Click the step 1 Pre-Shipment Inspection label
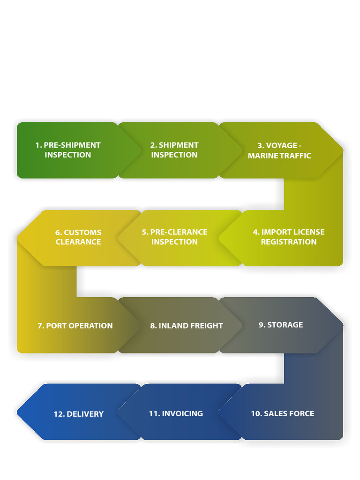pyautogui.click(x=68, y=150)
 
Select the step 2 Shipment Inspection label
pyautogui.click(x=174, y=150)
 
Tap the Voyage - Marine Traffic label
pyautogui.click(x=279, y=150)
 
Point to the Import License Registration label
pyautogui.click(x=289, y=237)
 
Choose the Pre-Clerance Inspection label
pyautogui.click(x=174, y=237)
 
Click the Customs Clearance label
pyautogui.click(x=78, y=237)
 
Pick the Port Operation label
pyautogui.click(x=75, y=325)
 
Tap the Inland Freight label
pyautogui.click(x=187, y=325)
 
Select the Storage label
pyautogui.click(x=281, y=324)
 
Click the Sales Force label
pyautogui.click(x=283, y=413)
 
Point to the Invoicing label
pyautogui.click(x=176, y=413)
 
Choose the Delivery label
pyautogui.click(x=79, y=414)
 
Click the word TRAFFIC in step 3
pyautogui.click(x=297, y=156)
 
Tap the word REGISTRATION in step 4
pyautogui.click(x=289, y=241)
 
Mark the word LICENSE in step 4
pyautogui.click(x=308, y=232)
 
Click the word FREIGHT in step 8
pyautogui.click(x=206, y=325)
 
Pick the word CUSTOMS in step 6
pyautogui.click(x=82, y=232)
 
